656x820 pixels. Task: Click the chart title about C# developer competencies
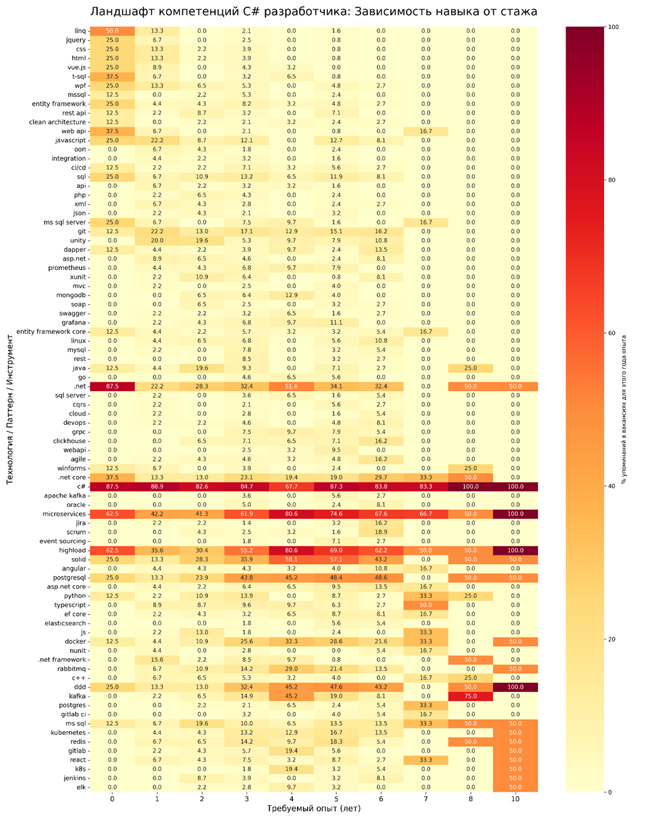(x=314, y=12)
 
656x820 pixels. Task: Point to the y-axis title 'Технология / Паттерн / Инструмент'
(x=10, y=410)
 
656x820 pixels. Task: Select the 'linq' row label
(x=79, y=31)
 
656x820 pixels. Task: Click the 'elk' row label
(x=81, y=786)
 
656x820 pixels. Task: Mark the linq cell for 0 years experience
(x=112, y=31)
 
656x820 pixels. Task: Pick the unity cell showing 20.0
(x=157, y=240)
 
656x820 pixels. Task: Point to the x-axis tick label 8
(x=469, y=797)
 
